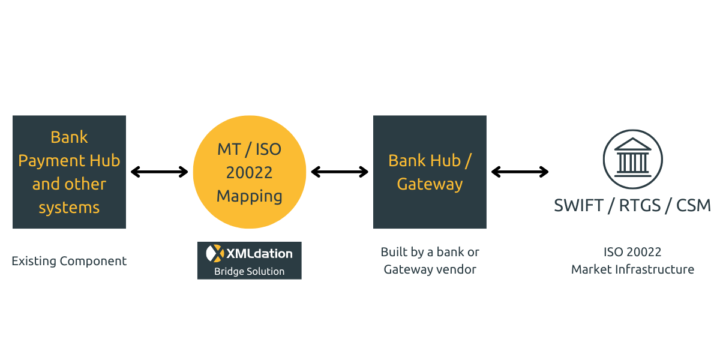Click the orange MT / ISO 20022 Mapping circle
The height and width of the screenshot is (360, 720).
coord(249,172)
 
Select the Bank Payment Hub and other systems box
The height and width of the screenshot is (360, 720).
coord(69,172)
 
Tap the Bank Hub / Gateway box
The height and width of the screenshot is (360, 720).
coord(430,172)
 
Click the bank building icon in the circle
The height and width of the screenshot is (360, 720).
coord(632,160)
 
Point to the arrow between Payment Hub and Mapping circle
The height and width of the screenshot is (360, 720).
coord(160,172)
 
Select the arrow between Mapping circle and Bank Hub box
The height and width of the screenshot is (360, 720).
coord(340,172)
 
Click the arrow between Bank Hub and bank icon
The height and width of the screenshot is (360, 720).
coord(520,172)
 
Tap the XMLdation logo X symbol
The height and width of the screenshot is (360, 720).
coord(214,253)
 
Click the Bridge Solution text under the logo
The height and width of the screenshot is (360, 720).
coord(249,271)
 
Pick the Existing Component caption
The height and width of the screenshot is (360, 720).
coord(69,261)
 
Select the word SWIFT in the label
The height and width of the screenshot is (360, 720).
coord(578,205)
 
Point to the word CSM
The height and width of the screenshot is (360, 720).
coord(694,205)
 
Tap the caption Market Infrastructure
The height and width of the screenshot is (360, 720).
coord(632,269)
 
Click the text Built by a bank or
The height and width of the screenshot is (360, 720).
coord(430,252)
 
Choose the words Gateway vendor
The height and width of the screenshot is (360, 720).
coord(430,269)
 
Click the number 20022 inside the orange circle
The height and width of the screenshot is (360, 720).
coord(249,172)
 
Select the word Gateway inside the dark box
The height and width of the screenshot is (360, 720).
coord(430,184)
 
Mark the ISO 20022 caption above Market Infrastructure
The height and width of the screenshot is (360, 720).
coord(632,252)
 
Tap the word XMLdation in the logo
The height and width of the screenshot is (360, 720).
coord(259,253)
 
